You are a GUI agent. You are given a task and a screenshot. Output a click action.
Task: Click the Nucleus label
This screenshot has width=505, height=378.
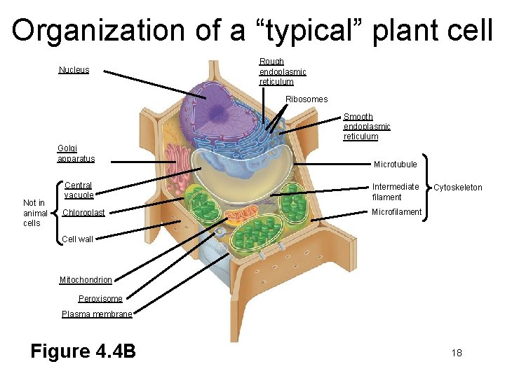[74, 70]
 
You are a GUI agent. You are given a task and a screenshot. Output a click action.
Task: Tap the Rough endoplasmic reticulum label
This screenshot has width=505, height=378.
[282, 71]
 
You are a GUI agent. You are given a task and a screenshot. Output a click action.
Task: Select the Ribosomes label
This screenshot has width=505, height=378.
[307, 99]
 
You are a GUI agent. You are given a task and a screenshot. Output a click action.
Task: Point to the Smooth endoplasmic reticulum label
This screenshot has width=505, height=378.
[366, 127]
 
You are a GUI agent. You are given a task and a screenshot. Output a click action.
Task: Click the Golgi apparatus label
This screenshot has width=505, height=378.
[76, 154]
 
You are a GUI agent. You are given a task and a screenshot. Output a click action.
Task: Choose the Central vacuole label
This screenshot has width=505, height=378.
[79, 190]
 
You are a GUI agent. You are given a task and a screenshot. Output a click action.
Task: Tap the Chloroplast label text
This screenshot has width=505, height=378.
[83, 213]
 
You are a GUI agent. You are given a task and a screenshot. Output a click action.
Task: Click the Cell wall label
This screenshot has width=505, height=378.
[77, 239]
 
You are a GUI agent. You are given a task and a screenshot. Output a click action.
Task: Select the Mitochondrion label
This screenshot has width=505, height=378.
[86, 280]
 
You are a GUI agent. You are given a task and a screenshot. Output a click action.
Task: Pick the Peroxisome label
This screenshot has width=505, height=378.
[100, 299]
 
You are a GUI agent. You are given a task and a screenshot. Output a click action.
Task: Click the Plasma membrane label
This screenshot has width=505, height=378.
[97, 314]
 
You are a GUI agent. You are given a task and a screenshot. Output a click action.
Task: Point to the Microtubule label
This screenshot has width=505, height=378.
[395, 164]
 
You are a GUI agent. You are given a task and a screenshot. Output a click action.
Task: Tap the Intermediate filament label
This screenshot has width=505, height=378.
[395, 192]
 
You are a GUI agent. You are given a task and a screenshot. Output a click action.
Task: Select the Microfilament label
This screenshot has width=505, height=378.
[396, 212]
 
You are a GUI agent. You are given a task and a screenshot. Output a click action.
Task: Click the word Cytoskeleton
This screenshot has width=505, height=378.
[457, 188]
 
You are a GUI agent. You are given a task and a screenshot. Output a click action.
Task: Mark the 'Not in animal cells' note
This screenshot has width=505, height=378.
[34, 213]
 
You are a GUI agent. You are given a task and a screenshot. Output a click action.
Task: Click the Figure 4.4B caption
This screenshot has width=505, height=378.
[83, 351]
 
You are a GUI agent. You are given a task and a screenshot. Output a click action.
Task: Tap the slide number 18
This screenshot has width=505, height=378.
[457, 353]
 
